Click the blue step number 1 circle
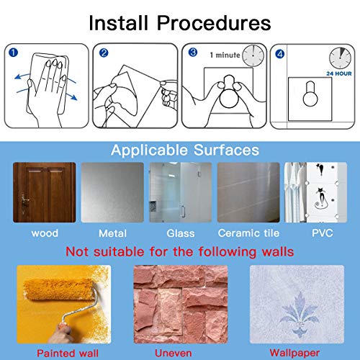[13, 53]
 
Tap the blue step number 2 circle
[104, 53]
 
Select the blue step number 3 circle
[193, 53]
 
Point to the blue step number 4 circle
[280, 54]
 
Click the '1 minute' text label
[225, 55]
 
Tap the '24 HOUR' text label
[339, 73]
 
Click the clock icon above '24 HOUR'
[340, 58]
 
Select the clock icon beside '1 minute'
[253, 55]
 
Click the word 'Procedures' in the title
[214, 23]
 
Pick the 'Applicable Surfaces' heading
[185, 150]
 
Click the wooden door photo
[45, 192]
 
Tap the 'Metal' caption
[112, 233]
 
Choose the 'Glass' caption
[181, 233]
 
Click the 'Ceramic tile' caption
[248, 233]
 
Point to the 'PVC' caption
[323, 233]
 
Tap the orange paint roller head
[59, 289]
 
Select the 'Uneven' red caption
[174, 354]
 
